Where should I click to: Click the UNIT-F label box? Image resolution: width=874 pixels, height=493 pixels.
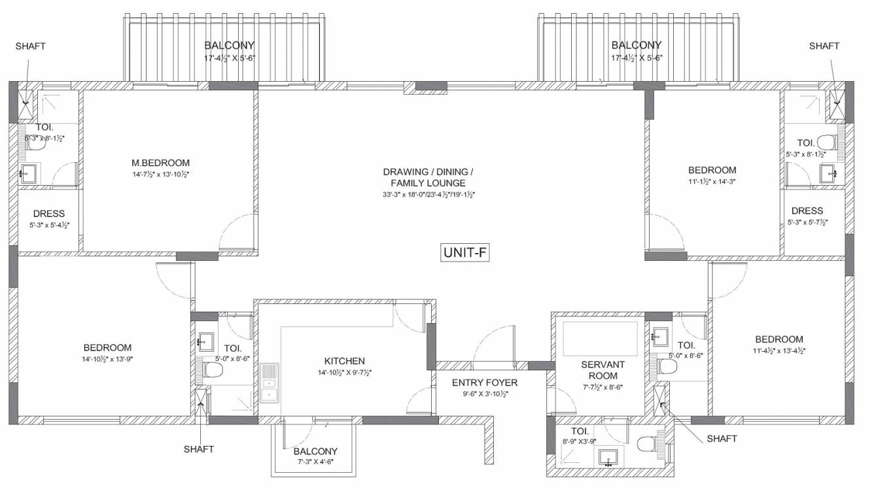click(466, 252)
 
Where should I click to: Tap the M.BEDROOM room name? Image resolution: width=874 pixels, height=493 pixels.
click(160, 163)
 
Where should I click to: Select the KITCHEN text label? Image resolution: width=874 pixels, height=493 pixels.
click(344, 361)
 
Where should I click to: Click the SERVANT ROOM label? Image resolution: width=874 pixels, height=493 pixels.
click(603, 370)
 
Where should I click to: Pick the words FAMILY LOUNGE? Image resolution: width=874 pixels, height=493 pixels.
click(428, 183)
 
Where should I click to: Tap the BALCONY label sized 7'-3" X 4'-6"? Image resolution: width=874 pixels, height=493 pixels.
click(315, 451)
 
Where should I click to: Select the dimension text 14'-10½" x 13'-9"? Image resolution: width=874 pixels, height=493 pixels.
click(107, 359)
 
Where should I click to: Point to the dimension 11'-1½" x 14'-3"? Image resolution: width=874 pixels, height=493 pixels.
click(712, 181)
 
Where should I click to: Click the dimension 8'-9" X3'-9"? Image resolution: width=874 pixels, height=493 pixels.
click(580, 442)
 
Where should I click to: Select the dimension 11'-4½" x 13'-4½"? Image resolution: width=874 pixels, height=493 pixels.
click(778, 350)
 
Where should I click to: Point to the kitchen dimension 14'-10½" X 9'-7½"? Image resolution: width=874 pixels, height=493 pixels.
click(344, 372)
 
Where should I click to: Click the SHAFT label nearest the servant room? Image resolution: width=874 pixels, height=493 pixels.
click(722, 439)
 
